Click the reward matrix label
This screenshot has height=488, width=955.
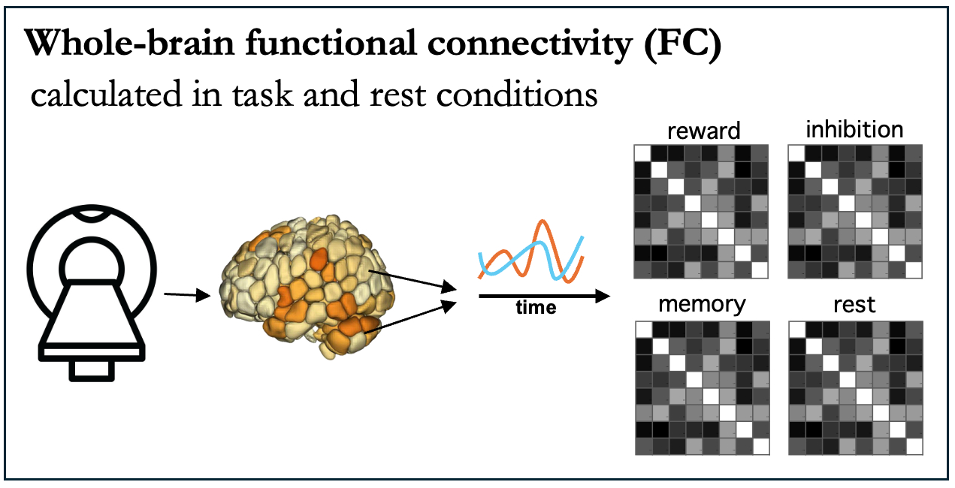[x=703, y=131]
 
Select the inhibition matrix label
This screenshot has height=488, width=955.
[x=854, y=129]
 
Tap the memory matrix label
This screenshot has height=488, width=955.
[x=702, y=304]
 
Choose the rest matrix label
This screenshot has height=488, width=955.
[x=854, y=306]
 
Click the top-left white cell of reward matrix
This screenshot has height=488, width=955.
[x=643, y=152]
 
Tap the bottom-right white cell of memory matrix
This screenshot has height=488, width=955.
[x=760, y=446]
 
